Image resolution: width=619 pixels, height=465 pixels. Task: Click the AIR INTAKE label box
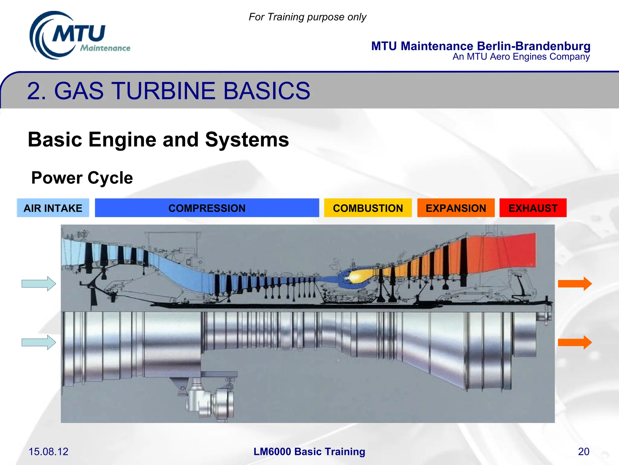pyautogui.click(x=53, y=208)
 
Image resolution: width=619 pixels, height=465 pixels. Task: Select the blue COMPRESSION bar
pyautogui.click(x=207, y=208)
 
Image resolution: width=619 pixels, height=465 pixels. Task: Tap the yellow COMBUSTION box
pyautogui.click(x=368, y=208)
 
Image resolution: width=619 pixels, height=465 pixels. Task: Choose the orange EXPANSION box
pyautogui.click(x=456, y=208)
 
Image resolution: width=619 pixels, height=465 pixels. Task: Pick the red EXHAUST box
pyautogui.click(x=533, y=208)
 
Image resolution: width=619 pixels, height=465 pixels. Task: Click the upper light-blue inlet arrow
pyautogui.click(x=39, y=284)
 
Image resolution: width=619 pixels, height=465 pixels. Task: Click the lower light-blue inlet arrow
pyautogui.click(x=39, y=342)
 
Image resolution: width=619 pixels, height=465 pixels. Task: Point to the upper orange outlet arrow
pyautogui.click(x=575, y=284)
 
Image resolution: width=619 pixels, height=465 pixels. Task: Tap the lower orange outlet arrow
pyautogui.click(x=575, y=342)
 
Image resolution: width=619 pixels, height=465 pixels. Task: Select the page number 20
pyautogui.click(x=583, y=451)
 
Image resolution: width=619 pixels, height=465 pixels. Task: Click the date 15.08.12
pyautogui.click(x=48, y=451)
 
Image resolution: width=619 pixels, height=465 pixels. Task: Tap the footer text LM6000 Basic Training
pyautogui.click(x=309, y=451)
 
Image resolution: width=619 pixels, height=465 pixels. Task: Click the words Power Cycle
pyautogui.click(x=82, y=178)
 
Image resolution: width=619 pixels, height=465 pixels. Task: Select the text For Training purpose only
pyautogui.click(x=307, y=17)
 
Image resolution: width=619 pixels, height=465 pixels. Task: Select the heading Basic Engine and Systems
pyautogui.click(x=158, y=140)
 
